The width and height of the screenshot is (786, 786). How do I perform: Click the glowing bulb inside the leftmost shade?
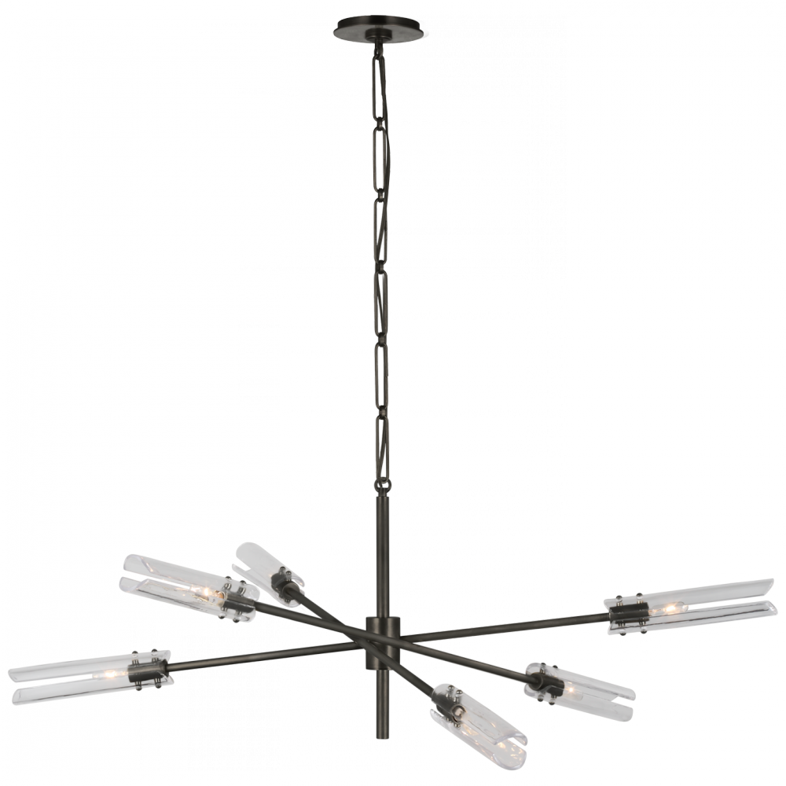coord(106,674)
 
